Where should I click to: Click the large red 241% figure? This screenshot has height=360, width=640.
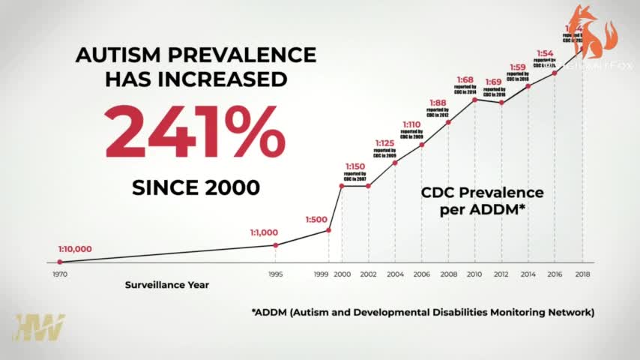pos(195,131)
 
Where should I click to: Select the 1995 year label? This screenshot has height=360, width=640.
pos(276,274)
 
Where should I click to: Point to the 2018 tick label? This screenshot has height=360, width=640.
pos(582,274)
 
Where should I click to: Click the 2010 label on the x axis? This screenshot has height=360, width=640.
pos(474,274)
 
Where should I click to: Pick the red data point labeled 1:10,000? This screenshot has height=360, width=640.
pos(60,262)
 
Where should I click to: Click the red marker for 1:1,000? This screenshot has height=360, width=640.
pos(276,245)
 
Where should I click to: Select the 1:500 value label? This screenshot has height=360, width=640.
pos(317,220)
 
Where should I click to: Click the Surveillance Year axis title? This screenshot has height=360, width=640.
pos(167,285)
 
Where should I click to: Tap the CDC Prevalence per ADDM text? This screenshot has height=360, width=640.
pos(481,201)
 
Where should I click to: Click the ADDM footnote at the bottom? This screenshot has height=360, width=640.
pos(423,311)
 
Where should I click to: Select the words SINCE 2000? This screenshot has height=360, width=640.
pos(196,187)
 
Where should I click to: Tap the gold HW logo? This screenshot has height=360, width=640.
pos(38,328)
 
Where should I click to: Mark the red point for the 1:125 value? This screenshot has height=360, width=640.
pos(395,162)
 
